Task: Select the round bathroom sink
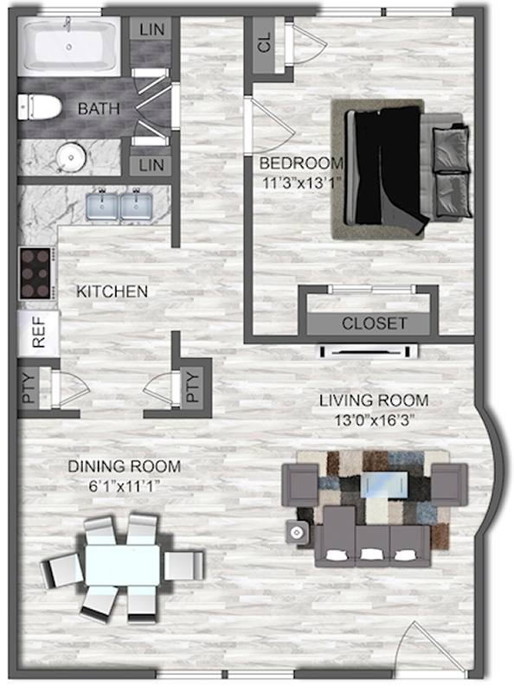coord(70,157)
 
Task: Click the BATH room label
coord(99,109)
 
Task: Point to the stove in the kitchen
coord(37,273)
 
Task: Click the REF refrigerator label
coord(38,333)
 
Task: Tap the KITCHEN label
coord(112,292)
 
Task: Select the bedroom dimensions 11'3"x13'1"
coord(303,183)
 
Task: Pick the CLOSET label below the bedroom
coord(374,323)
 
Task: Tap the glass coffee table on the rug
coord(384,485)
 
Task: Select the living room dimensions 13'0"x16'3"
coord(374,420)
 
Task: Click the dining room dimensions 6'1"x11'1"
coord(124,487)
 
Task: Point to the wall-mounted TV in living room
coord(369,351)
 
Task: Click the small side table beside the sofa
coord(297,534)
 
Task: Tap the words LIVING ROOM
coord(374,400)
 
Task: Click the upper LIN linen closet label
coord(151,29)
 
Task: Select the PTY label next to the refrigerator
coord(29,388)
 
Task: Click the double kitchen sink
coord(119,206)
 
